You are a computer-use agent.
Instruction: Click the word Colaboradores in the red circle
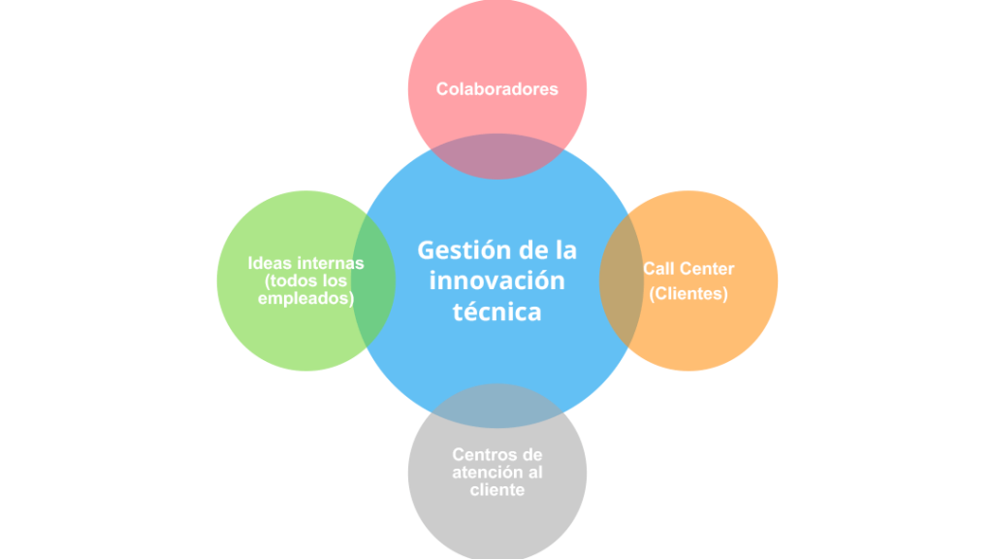click(x=496, y=89)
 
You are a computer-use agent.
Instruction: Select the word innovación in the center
click(x=496, y=281)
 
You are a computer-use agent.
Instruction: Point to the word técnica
click(x=496, y=312)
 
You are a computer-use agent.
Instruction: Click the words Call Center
click(x=689, y=269)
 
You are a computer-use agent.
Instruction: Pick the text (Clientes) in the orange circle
click(x=689, y=293)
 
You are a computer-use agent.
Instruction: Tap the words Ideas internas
click(x=305, y=263)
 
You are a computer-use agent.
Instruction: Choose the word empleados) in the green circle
click(x=305, y=299)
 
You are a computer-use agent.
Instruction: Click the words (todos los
click(x=305, y=281)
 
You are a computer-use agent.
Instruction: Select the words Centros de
click(x=496, y=454)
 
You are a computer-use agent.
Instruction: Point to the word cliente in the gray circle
click(x=496, y=490)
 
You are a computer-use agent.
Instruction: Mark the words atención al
click(x=496, y=473)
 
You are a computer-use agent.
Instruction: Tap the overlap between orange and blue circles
click(x=620, y=281)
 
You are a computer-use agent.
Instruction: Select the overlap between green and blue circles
click(x=374, y=281)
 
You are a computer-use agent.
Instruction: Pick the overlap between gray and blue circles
click(x=496, y=407)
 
